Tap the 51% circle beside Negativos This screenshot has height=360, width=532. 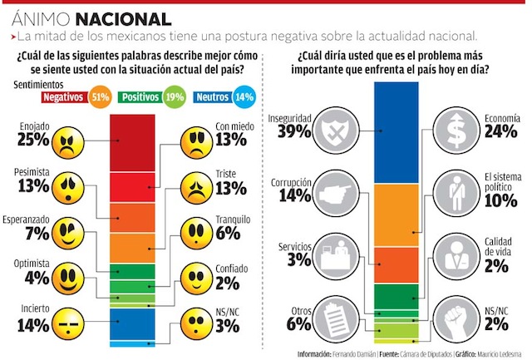pos(100,97)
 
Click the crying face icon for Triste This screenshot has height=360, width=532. pos(197,190)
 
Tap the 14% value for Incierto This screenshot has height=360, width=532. pos(32,325)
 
